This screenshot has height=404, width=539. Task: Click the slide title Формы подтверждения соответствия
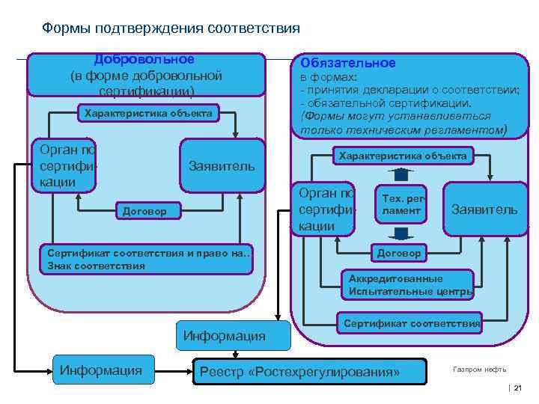(x=171, y=28)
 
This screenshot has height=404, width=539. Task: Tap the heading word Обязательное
(x=348, y=64)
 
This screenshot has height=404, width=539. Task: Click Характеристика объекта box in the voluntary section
(x=148, y=114)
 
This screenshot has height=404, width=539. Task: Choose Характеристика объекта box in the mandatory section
(x=403, y=156)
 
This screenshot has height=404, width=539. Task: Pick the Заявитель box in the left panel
(x=222, y=165)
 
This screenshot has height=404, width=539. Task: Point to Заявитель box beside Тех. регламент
(x=484, y=209)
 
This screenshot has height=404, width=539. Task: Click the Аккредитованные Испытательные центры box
(x=408, y=284)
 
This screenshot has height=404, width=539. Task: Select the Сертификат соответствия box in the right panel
(x=410, y=324)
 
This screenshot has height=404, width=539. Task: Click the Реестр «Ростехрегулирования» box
(x=309, y=372)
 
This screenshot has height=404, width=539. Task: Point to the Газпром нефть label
(x=479, y=370)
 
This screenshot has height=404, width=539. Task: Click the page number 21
(x=517, y=388)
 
